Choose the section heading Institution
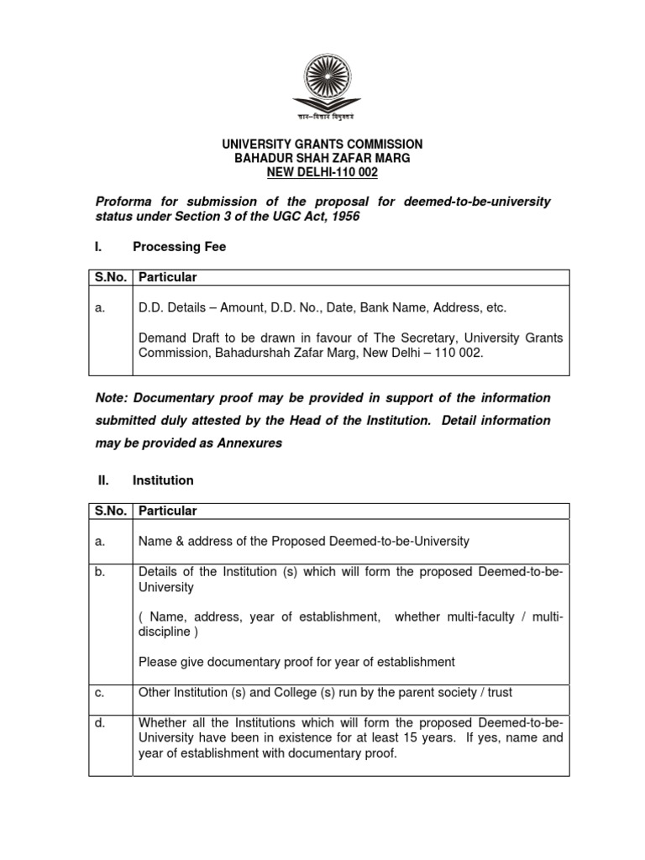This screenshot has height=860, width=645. (x=163, y=480)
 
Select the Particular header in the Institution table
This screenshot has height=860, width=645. (x=168, y=511)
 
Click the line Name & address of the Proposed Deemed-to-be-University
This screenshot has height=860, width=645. (x=303, y=542)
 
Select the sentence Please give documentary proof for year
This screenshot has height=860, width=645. (x=296, y=662)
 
